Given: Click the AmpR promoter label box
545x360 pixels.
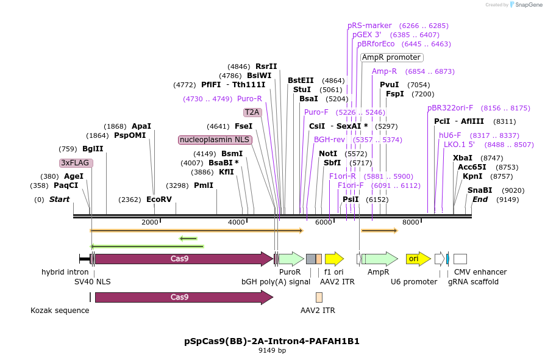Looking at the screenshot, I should click(391, 57).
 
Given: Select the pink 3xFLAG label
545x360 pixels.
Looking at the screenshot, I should click(75, 163).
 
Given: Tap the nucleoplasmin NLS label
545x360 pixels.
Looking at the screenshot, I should click(215, 140).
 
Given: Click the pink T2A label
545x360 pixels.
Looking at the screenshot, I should click(252, 112).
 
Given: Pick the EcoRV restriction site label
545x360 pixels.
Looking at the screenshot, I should click(159, 200).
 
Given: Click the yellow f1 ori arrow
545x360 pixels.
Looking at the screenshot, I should click(334, 259).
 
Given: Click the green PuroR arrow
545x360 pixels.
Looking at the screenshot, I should click(291, 259).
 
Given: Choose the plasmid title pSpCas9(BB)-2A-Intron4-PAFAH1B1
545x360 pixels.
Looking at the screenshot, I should click(272, 341).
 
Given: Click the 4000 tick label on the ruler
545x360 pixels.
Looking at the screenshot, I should click(236, 223).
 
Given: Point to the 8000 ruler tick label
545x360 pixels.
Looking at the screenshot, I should click(411, 223).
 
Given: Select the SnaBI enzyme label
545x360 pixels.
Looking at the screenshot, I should click(480, 190).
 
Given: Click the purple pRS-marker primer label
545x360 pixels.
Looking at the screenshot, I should click(369, 26).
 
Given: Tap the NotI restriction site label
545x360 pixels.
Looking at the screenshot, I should click(328, 154).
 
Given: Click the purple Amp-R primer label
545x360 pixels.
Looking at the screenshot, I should click(384, 71).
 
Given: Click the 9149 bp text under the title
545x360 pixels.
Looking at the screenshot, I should click(272, 351).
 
